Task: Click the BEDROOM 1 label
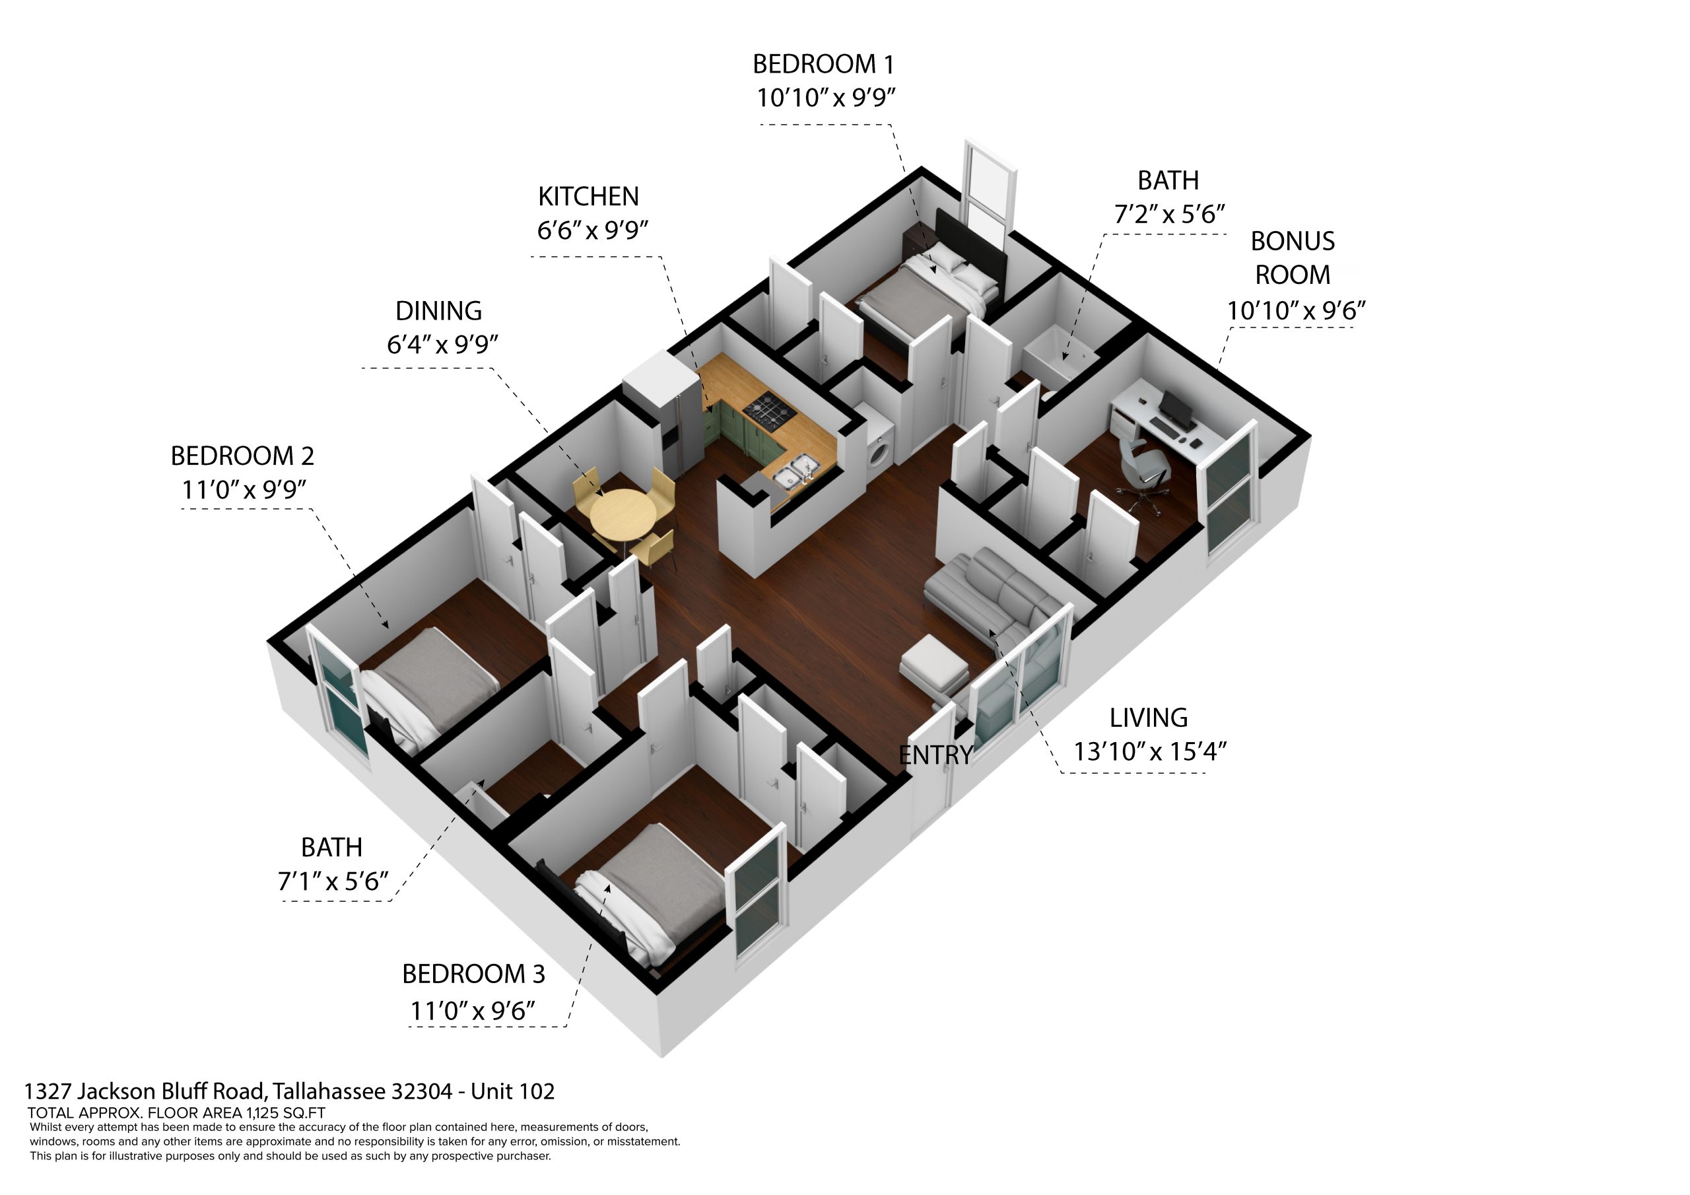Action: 823,65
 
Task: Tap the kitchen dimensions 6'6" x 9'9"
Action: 593,230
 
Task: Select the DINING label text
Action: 439,311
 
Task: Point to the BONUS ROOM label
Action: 1293,257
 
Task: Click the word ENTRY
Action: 936,755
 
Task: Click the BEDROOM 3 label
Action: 473,974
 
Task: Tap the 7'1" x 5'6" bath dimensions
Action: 333,881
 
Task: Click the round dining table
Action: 623,513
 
